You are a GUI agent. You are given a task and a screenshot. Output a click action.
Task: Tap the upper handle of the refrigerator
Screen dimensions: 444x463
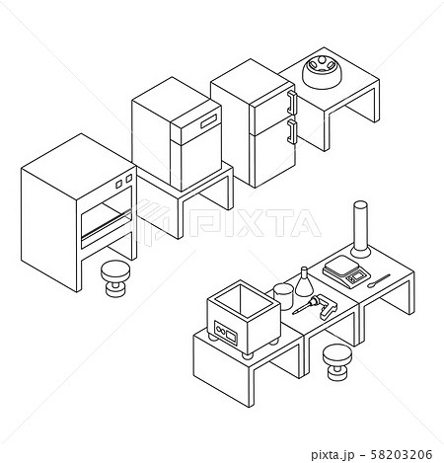click(x=292, y=103)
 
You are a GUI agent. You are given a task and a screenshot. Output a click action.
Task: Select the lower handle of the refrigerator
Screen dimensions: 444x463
click(x=292, y=131)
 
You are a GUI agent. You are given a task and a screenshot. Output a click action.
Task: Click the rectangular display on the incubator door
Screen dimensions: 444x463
click(x=209, y=120)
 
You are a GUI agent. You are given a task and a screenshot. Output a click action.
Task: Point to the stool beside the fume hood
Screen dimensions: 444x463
click(x=115, y=278)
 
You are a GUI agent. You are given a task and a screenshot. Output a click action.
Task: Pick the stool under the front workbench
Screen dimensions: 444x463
click(x=337, y=362)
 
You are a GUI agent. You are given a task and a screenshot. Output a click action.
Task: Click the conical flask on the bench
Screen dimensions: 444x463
click(x=304, y=283)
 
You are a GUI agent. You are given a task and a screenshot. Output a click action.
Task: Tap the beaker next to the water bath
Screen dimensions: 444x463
click(x=283, y=296)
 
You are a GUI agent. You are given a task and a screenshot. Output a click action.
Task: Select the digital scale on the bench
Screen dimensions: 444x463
click(x=346, y=271)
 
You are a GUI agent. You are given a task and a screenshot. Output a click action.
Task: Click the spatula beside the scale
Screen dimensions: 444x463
click(x=379, y=280)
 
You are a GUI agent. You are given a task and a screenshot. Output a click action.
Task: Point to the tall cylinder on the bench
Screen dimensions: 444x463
click(x=360, y=230)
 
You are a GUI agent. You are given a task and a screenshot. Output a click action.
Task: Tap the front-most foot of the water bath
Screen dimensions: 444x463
click(x=248, y=355)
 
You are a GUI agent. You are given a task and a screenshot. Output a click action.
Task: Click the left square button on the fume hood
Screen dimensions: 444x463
click(x=119, y=184)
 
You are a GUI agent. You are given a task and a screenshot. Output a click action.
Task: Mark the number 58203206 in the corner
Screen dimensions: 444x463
click(x=402, y=455)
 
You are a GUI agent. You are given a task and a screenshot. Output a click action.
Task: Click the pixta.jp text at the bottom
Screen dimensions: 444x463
click(x=333, y=455)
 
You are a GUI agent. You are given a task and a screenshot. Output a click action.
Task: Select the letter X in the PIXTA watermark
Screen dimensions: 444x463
click(x=251, y=223)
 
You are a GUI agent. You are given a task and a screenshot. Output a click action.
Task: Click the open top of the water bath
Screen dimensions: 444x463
click(x=244, y=300)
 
